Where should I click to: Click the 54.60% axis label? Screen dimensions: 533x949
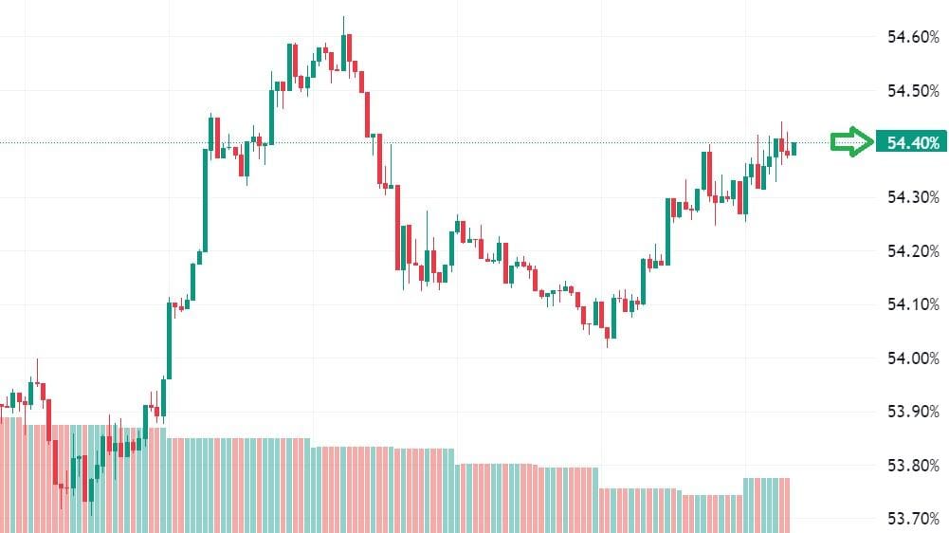pos(912,37)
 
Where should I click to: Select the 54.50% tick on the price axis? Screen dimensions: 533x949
pos(912,91)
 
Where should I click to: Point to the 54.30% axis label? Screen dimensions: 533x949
pos(912,197)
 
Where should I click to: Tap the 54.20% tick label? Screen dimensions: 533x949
pos(912,251)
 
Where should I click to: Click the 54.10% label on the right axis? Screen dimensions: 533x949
pos(912,304)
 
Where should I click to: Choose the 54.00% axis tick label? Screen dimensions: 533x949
pos(912,358)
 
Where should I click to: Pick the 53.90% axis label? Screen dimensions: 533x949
pos(912,412)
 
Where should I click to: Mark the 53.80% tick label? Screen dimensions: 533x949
pos(912,466)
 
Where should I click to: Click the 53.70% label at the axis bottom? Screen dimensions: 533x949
pos(912,519)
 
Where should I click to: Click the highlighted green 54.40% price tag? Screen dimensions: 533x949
pos(912,143)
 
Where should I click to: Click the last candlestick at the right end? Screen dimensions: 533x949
pos(794,148)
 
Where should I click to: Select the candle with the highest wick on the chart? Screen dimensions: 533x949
pos(343,47)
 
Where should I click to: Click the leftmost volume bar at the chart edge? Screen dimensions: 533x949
pos(3,474)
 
